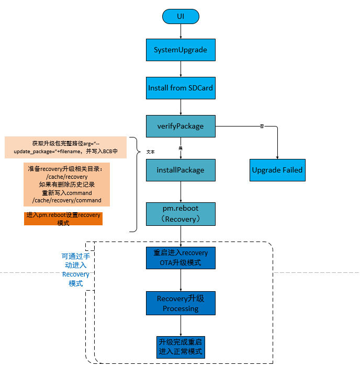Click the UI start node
click(x=181, y=17)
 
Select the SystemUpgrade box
click(x=181, y=50)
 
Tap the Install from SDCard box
click(x=181, y=88)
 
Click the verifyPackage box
click(x=181, y=126)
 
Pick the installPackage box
click(x=181, y=170)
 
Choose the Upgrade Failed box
click(x=277, y=170)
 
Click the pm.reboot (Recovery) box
click(x=181, y=213)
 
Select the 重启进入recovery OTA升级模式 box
click(x=181, y=258)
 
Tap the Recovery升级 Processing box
click(x=181, y=303)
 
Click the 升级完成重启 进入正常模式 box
click(x=181, y=347)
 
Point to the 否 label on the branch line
click(x=261, y=126)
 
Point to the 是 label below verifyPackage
click(x=181, y=148)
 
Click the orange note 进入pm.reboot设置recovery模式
click(x=63, y=219)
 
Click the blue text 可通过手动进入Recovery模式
click(x=76, y=270)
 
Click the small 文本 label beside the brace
click(x=151, y=152)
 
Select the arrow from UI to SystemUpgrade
click(x=181, y=32)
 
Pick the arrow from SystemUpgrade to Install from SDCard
click(x=181, y=68)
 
